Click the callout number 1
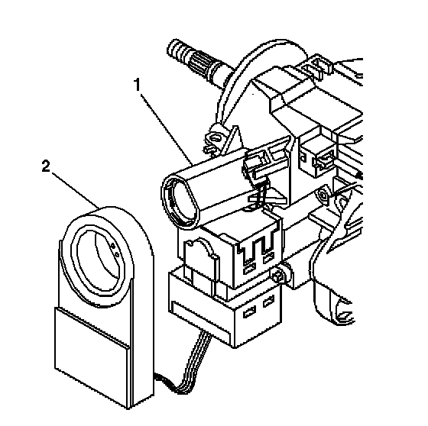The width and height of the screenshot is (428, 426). (x=138, y=84)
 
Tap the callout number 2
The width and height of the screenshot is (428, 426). (x=46, y=166)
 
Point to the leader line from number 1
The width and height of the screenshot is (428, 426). (x=167, y=129)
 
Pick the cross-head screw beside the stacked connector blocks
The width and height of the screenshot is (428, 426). (x=277, y=277)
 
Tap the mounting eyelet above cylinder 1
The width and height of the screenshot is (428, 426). (x=215, y=137)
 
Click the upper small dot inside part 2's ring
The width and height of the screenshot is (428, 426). (x=113, y=246)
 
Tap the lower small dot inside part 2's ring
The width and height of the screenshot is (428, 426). (x=116, y=254)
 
